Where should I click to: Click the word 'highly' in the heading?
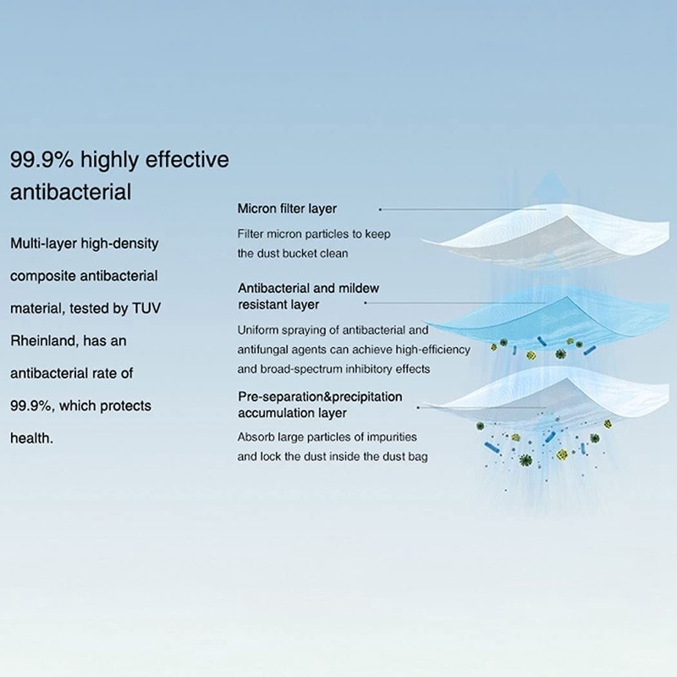(x=110, y=161)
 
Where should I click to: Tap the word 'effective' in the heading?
(x=187, y=159)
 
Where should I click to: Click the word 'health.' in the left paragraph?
(x=31, y=438)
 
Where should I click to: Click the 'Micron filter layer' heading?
(x=287, y=209)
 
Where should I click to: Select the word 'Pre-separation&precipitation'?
(x=320, y=396)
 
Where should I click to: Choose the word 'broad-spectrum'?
(x=300, y=370)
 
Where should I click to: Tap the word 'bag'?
(x=418, y=457)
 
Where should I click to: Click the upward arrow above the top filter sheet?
(x=549, y=185)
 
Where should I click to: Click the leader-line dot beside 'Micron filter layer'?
(x=380, y=209)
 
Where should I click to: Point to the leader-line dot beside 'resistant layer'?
(x=366, y=303)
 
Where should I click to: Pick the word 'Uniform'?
(x=257, y=330)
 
